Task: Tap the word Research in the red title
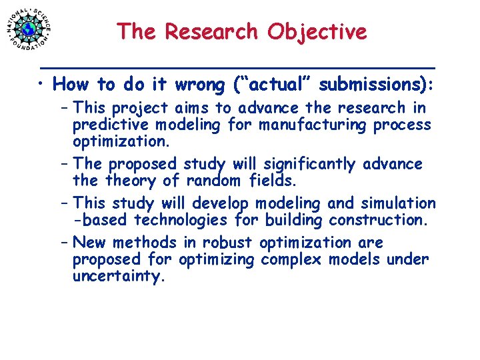[x=214, y=31]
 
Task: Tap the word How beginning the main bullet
[x=72, y=85]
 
